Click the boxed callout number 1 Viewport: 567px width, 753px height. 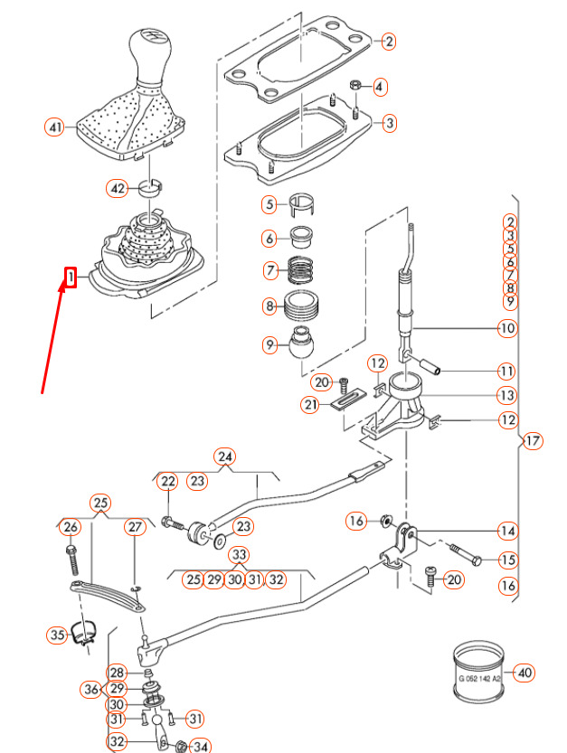(x=70, y=277)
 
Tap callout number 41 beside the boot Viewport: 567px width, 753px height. (x=54, y=128)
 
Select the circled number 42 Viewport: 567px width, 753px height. (x=116, y=189)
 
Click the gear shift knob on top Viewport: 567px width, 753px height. (x=149, y=55)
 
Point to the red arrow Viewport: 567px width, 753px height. (x=52, y=334)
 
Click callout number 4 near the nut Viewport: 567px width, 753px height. (x=379, y=87)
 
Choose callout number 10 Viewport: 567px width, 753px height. (x=506, y=328)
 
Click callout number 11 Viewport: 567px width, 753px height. (x=506, y=372)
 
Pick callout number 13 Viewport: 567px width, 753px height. (x=506, y=396)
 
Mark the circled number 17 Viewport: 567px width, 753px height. (x=532, y=441)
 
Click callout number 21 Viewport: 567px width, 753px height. (x=311, y=406)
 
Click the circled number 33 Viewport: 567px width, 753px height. (x=239, y=554)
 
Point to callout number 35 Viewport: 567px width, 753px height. (x=58, y=635)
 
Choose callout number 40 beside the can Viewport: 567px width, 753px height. (x=525, y=673)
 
